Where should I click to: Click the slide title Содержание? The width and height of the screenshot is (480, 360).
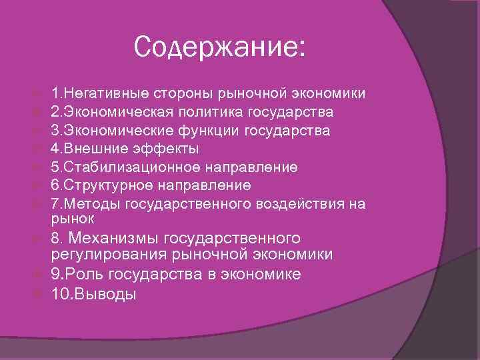[x=219, y=47]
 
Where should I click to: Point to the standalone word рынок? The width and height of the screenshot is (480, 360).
[x=73, y=218]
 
